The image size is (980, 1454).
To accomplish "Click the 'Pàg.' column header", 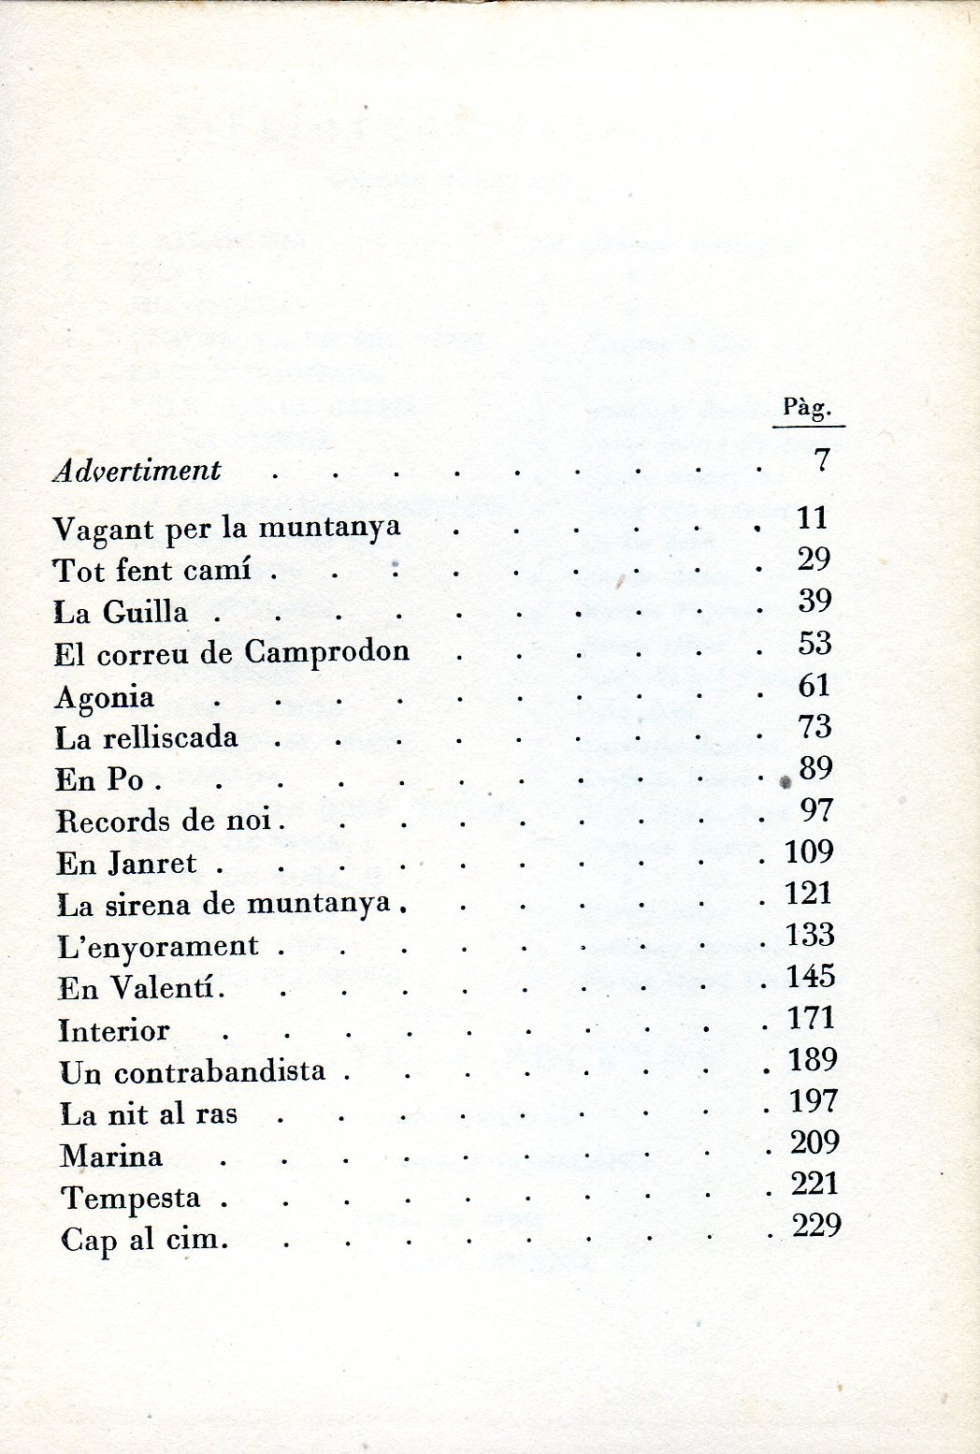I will (x=807, y=408).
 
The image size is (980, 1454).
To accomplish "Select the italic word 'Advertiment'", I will (x=137, y=470).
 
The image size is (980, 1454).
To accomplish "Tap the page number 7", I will (x=822, y=459).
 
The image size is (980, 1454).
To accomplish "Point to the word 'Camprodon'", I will (x=327, y=651).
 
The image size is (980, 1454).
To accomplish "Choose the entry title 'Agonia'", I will (x=105, y=698).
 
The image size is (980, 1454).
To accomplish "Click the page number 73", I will (x=814, y=727).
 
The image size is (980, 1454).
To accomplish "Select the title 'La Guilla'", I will (x=121, y=613).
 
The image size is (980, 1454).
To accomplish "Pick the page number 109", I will (x=810, y=852).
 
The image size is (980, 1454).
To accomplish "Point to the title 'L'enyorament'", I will (x=158, y=947).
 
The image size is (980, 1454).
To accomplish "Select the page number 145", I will (x=811, y=977).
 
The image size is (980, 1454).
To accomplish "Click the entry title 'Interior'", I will (x=114, y=1031).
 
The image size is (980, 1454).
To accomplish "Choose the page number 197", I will (x=813, y=1101).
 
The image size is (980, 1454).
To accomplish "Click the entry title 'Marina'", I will (x=111, y=1156).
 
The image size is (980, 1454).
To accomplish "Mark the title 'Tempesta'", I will (x=131, y=1199).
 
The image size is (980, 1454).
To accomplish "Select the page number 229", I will (x=816, y=1226).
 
